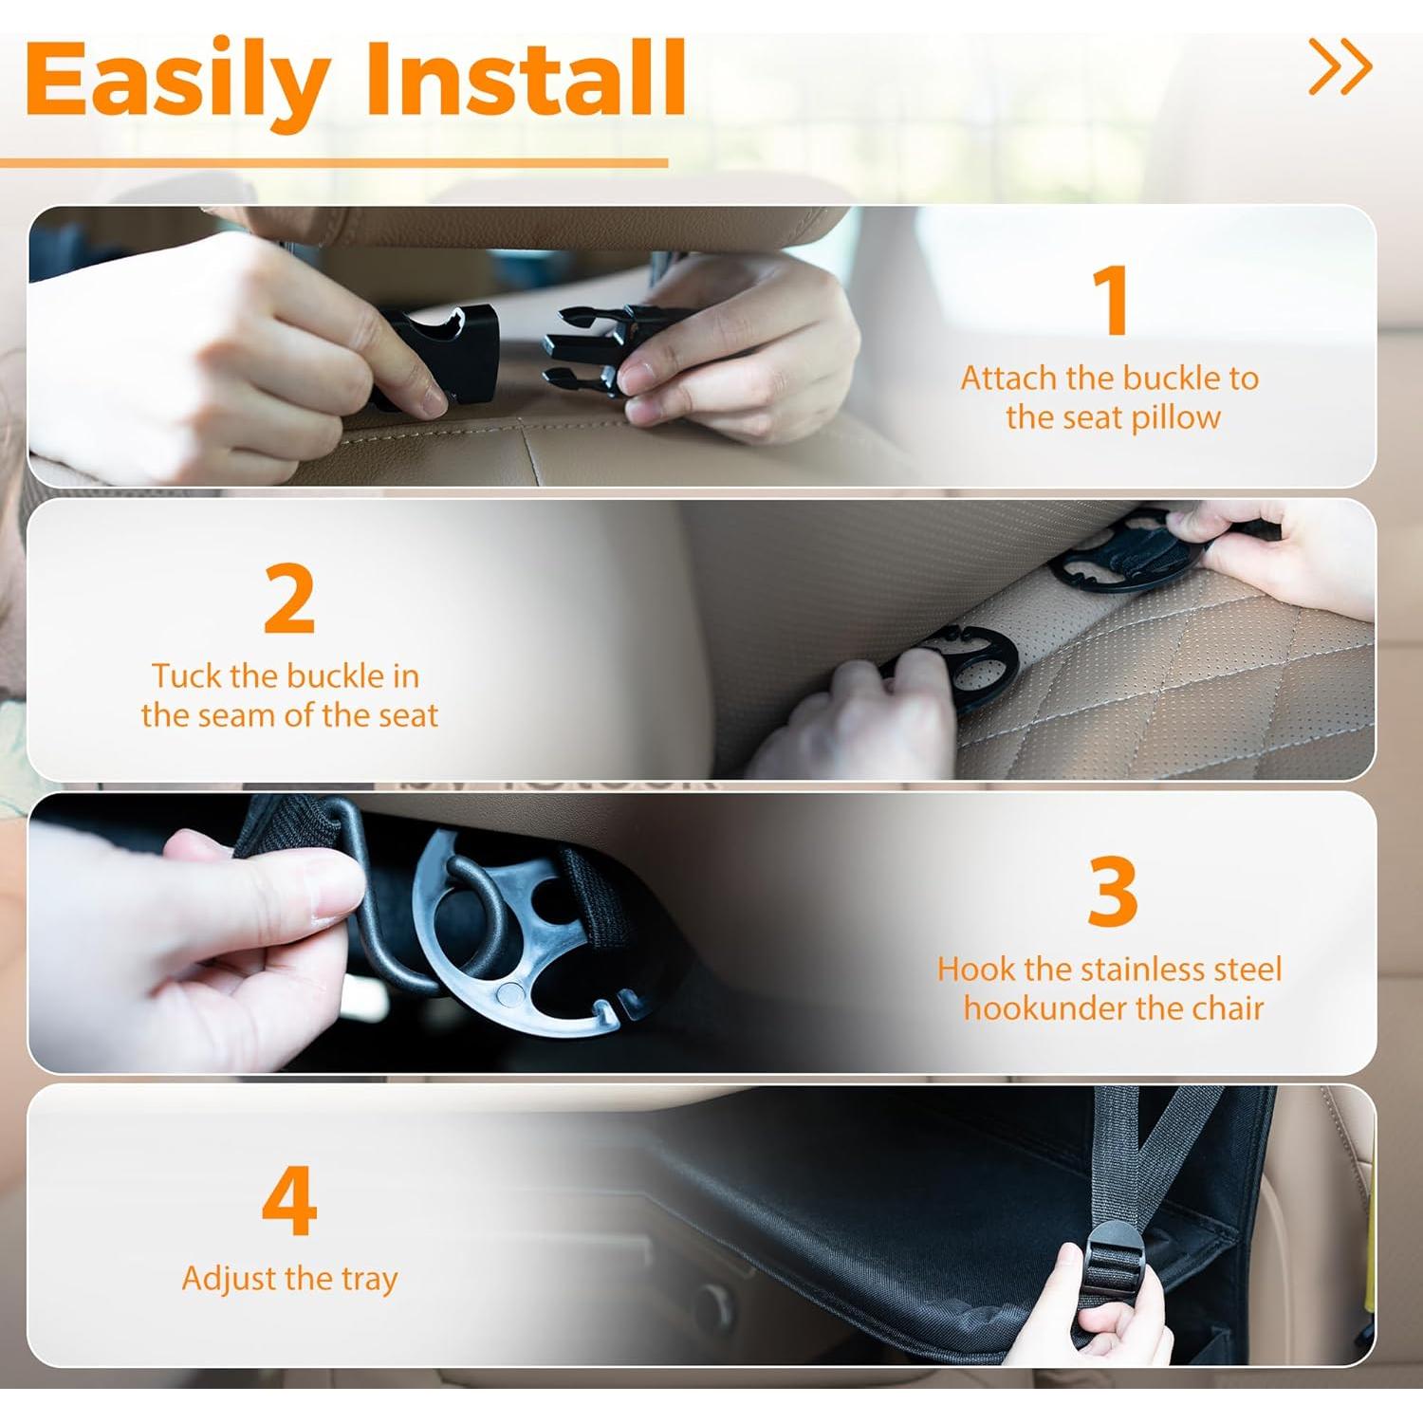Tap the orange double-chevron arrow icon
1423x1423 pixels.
click(1340, 66)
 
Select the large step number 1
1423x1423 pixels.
click(1111, 300)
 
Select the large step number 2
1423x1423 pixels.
click(288, 599)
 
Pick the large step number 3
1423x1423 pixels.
click(1112, 892)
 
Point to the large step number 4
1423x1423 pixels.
click(288, 1201)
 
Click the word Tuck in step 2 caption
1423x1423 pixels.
click(187, 676)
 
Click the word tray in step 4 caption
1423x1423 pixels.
click(369, 1279)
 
